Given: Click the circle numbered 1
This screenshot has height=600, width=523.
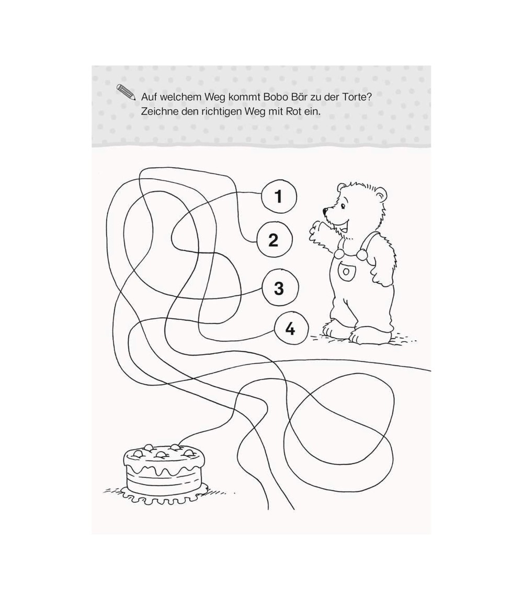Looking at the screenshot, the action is coord(278,197).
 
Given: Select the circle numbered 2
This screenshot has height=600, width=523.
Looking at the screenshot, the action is coord(274,240).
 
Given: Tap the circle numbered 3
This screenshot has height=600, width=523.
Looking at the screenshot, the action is coord(279,288).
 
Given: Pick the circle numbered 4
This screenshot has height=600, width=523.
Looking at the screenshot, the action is coord(291,329).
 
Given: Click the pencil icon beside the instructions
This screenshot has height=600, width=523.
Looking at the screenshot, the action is coord(126,92).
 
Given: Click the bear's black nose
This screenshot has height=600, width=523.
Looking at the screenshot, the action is coord(325,210).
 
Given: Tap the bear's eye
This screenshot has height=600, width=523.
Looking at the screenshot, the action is coord(342,205).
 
